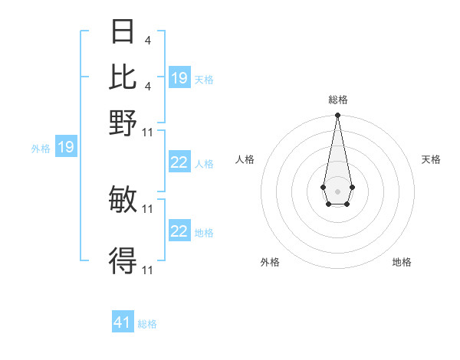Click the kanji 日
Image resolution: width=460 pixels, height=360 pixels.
123,31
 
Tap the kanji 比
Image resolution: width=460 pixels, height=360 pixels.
123,77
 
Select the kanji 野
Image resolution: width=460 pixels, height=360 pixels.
123,123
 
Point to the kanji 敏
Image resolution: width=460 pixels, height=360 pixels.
123,200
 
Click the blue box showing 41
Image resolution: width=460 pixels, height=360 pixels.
123,322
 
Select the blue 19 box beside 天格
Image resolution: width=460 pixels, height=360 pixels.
179,77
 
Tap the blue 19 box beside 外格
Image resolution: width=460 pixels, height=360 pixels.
66,147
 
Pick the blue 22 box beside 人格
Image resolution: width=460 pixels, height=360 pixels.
179,162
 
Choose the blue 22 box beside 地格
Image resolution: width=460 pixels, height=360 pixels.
179,231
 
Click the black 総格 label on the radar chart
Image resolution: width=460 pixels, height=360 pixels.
338,100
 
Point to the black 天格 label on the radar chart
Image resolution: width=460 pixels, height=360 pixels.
431,159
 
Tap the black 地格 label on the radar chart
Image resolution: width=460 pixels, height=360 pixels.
402,262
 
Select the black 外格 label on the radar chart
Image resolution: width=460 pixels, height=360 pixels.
270,262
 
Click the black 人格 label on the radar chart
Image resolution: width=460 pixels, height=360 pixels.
245,159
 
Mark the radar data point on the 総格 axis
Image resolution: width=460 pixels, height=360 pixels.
337,116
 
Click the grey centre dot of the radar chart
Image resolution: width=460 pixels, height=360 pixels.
337,190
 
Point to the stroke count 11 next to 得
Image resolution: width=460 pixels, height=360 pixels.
148,270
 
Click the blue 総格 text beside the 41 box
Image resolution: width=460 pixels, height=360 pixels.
147,324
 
